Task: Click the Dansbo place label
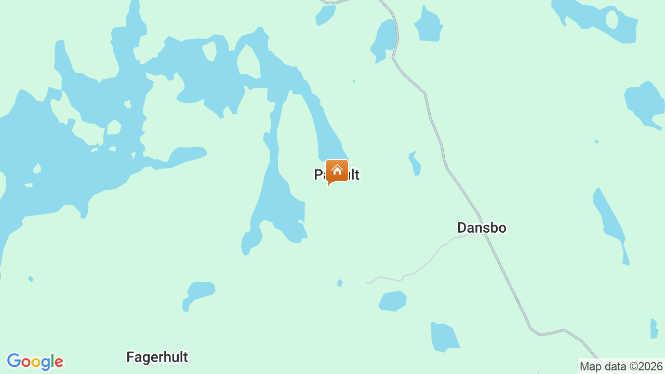[x=482, y=228]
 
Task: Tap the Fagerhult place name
[x=157, y=357]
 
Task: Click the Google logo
[x=35, y=362]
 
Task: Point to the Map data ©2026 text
[x=621, y=366]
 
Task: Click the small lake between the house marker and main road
[x=416, y=163]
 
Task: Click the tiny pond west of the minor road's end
[x=340, y=283]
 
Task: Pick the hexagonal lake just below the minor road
[x=393, y=301]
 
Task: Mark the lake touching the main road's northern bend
[x=385, y=39]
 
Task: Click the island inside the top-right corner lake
[x=611, y=20]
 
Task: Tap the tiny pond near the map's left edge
[x=31, y=279]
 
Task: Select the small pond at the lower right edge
[x=654, y=328]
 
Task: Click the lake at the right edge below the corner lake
[x=644, y=103]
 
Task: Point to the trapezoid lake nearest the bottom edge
[x=444, y=337]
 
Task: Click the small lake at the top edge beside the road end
[x=325, y=14]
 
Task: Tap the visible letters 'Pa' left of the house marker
[x=320, y=175]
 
